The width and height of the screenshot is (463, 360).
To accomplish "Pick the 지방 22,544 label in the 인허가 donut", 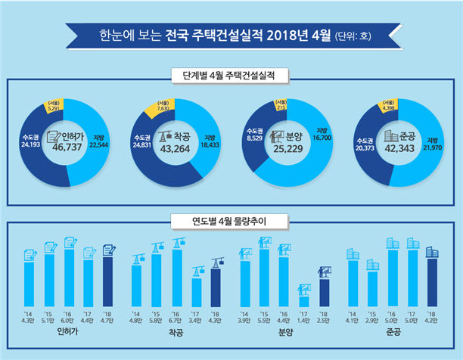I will (x=100, y=141).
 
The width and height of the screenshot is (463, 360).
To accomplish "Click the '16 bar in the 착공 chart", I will (x=177, y=274).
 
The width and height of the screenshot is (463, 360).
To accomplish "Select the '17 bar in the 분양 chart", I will (x=303, y=301).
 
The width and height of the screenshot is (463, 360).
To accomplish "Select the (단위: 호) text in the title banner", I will (x=355, y=35).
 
